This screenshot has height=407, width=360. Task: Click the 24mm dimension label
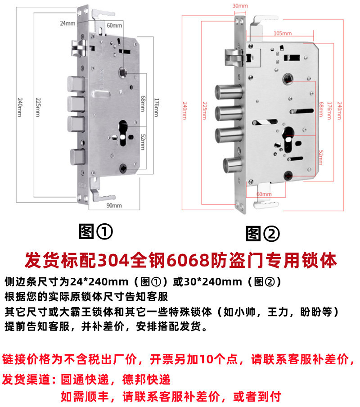coord(67,23)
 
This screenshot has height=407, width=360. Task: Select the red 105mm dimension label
coord(283,34)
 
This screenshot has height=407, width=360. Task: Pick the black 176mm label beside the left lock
coord(156,108)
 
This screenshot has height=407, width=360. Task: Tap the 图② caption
coord(263,233)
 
